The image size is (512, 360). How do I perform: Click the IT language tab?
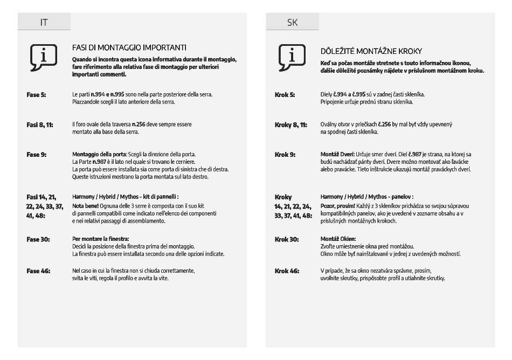pos(44,23)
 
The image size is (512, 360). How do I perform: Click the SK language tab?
pos(292,23)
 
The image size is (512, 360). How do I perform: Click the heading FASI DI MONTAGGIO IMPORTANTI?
pos(129,48)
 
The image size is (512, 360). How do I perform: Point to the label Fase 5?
pos(36,95)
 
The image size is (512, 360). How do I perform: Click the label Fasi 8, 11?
pos(40,124)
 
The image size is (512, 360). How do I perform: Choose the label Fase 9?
pos(36,155)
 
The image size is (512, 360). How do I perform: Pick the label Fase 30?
pos(38,239)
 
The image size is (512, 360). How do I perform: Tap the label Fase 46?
pos(38,271)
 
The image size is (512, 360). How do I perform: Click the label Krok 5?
pos(285,95)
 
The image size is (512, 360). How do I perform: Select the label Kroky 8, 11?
pos(290,124)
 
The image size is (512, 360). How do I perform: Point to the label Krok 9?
pos(285,155)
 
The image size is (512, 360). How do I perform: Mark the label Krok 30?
pos(286,239)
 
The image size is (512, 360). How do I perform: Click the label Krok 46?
pos(286,271)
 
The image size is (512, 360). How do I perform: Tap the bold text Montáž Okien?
pos(338,239)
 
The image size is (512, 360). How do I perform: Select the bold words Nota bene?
pos(84,206)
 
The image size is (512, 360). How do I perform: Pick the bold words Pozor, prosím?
pos(337,206)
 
